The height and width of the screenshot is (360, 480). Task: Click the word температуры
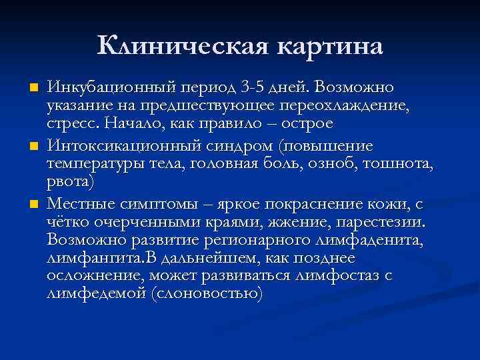(92, 164)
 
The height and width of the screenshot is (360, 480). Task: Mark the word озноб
(325, 164)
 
